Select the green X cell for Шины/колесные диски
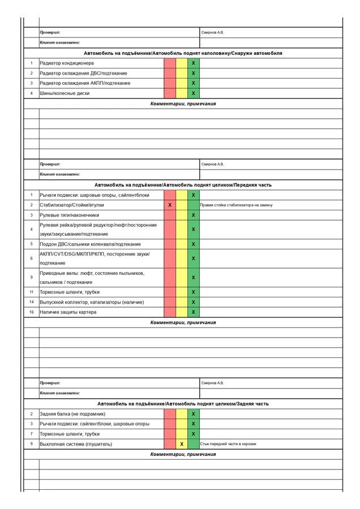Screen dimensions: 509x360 click(x=193, y=93)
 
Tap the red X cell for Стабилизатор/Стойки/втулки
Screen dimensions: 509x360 click(x=170, y=205)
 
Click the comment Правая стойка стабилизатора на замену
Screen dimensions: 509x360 click(x=236, y=205)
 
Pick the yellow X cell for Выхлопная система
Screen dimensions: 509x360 click(x=182, y=444)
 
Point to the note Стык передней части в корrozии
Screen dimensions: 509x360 click(x=228, y=444)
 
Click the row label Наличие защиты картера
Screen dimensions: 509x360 click(x=68, y=312)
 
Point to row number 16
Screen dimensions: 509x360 click(x=32, y=312)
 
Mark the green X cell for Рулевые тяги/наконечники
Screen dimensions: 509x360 click(x=193, y=215)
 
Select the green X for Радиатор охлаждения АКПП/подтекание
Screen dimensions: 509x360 click(x=193, y=83)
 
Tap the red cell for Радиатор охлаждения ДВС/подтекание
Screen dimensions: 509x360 click(x=170, y=73)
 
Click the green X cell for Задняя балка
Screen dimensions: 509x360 click(x=193, y=414)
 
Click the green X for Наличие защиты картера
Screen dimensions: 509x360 click(x=193, y=312)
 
